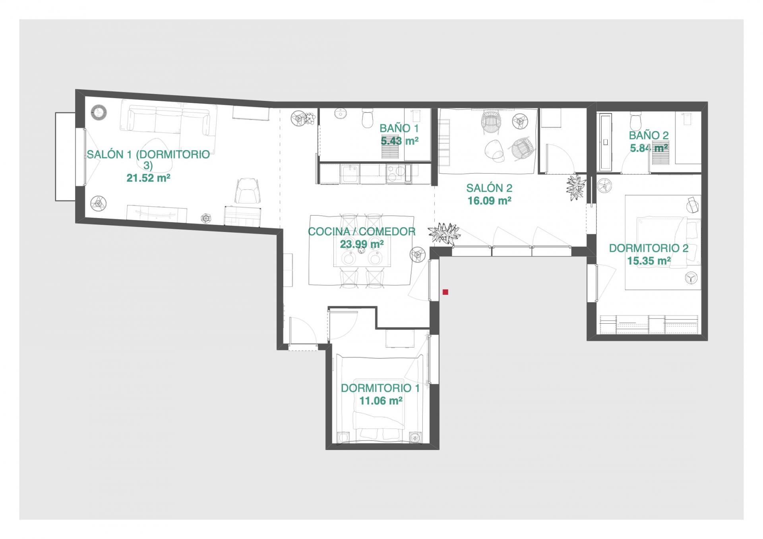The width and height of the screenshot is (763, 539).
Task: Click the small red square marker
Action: click(445, 292)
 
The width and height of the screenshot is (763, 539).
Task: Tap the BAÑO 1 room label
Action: click(399, 128)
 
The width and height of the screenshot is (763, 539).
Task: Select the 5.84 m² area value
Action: click(649, 148)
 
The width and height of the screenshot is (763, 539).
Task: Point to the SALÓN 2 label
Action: click(489, 188)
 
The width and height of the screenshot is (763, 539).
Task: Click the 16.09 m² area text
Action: click(489, 201)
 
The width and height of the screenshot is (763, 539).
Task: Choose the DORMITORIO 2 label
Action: click(649, 248)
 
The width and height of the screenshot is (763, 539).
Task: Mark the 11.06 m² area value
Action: click(381, 400)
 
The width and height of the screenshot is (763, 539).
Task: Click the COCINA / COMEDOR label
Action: click(362, 232)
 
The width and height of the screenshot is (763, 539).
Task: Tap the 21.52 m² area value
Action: click(148, 178)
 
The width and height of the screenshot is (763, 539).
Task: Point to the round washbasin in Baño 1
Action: click(340, 114)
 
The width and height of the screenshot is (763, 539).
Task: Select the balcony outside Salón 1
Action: click(65, 156)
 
